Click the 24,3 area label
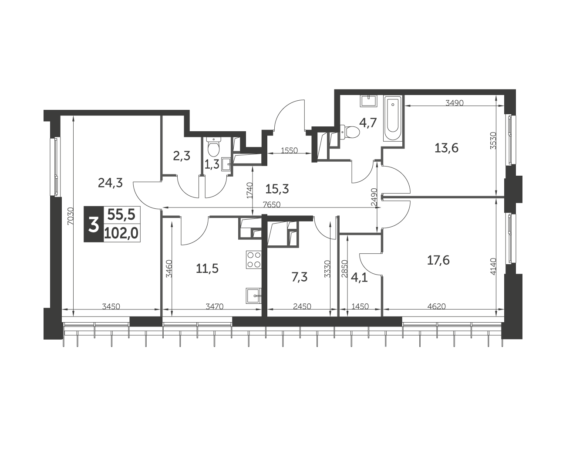click(x=110, y=183)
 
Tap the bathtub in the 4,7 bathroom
click(x=393, y=119)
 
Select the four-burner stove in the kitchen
click(x=253, y=260)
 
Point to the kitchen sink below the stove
click(x=253, y=296)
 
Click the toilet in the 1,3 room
click(x=213, y=147)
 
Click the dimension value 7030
click(x=70, y=216)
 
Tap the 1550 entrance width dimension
click(x=289, y=151)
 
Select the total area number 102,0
click(x=121, y=234)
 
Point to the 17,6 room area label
click(x=438, y=260)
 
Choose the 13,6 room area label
click(x=446, y=148)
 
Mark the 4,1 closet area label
click(x=359, y=278)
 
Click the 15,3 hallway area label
click(x=277, y=189)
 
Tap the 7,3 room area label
click(x=300, y=277)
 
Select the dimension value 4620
click(x=437, y=306)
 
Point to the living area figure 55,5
click(x=121, y=215)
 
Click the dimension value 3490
click(x=455, y=103)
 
